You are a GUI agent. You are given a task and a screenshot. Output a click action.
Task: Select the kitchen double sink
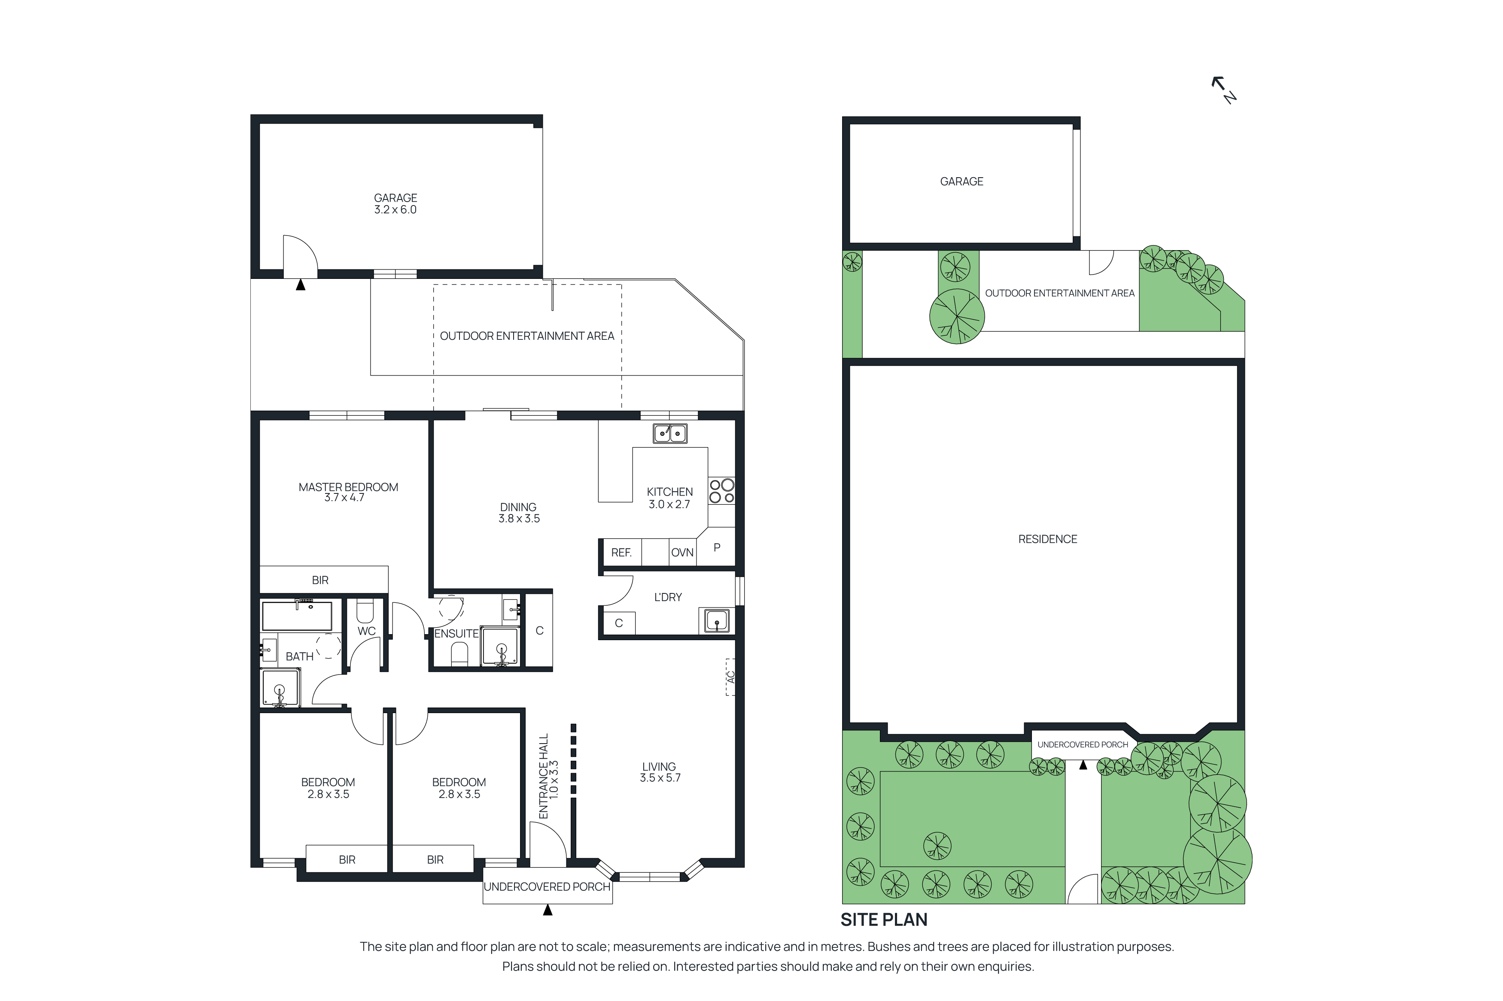(x=669, y=433)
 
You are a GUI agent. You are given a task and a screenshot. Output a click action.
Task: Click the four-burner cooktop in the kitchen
(x=721, y=490)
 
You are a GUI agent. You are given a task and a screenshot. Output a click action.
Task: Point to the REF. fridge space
(x=621, y=552)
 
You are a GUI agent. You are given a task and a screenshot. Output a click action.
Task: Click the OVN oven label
(x=682, y=552)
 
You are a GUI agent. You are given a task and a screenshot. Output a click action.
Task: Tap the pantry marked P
(x=717, y=547)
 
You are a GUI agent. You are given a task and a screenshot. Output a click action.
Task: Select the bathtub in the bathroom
(x=297, y=615)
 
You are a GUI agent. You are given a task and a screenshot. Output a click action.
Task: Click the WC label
(x=366, y=631)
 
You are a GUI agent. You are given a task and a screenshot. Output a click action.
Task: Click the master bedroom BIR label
(x=320, y=580)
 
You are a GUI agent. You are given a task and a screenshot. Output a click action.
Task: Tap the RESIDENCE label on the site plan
(x=1047, y=539)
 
